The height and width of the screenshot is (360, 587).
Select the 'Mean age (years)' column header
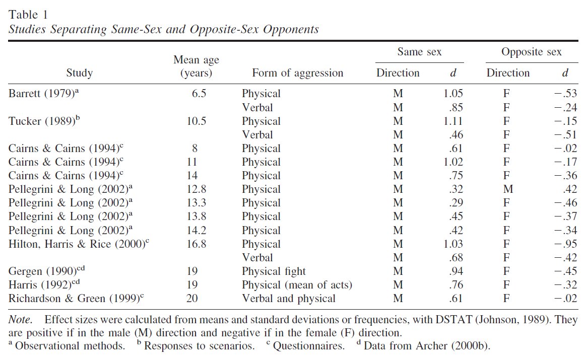coord(196,66)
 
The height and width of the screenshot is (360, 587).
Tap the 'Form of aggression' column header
coord(297,73)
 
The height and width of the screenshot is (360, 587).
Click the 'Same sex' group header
coord(419,52)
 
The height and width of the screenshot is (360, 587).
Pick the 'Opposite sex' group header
coord(531,52)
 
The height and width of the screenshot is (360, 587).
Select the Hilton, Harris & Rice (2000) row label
coord(80,244)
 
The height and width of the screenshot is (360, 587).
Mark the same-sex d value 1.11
coord(453,121)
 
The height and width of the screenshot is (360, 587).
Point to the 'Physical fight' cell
coord(274,271)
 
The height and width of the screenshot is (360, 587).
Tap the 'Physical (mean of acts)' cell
coord(297,285)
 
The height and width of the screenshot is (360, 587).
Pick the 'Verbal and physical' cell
coord(288,299)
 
